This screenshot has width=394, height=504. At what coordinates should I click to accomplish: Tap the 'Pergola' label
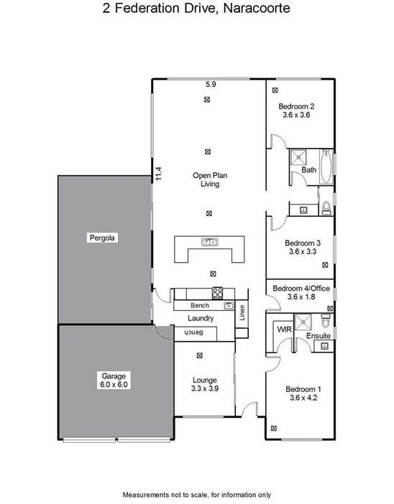pyautogui.click(x=103, y=237)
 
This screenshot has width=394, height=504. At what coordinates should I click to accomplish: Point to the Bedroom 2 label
pyautogui.click(x=296, y=111)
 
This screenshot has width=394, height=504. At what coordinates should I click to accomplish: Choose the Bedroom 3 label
pyautogui.click(x=301, y=248)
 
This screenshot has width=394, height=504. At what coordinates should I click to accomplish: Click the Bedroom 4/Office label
pyautogui.click(x=301, y=292)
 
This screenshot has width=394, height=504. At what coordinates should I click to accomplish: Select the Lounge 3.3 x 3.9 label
pyautogui.click(x=205, y=384)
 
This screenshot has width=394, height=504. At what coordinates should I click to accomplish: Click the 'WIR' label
pyautogui.click(x=283, y=330)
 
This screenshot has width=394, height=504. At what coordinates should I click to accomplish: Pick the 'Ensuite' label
pyautogui.click(x=318, y=336)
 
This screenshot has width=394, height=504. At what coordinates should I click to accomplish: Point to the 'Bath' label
pyautogui.click(x=308, y=170)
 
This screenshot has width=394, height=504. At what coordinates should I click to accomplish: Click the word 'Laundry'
pyautogui.click(x=201, y=318)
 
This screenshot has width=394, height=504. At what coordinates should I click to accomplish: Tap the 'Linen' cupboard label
pyautogui.click(x=242, y=312)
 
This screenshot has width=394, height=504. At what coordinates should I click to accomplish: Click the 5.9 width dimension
pyautogui.click(x=210, y=85)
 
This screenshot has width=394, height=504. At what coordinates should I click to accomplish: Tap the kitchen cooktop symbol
pyautogui.click(x=217, y=292)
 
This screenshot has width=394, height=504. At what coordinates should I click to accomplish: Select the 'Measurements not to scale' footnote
pyautogui.click(x=196, y=495)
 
